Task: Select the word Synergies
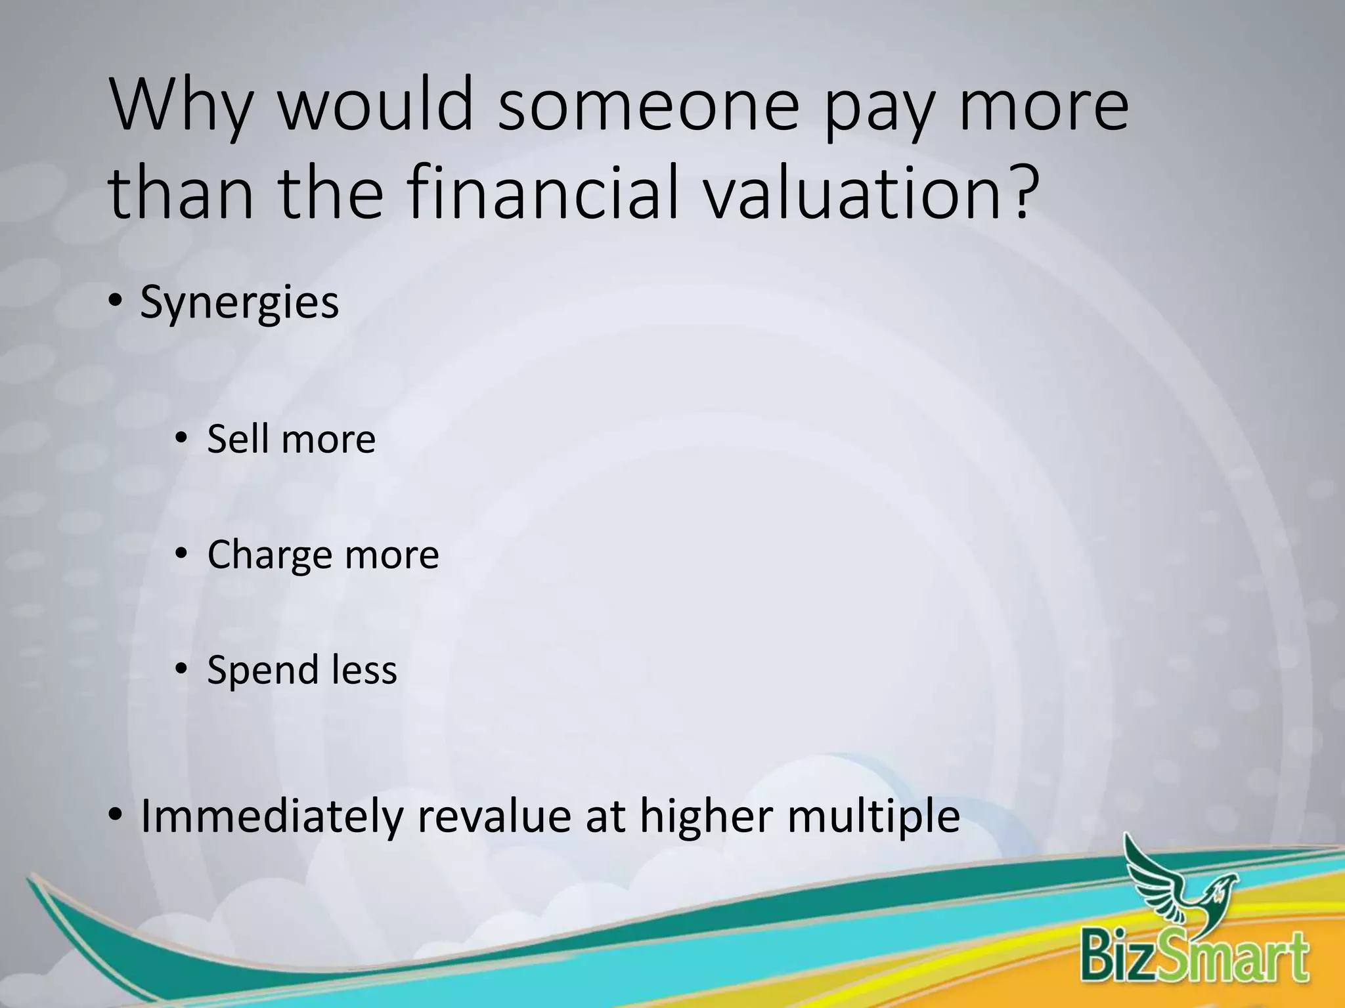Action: tap(240, 304)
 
